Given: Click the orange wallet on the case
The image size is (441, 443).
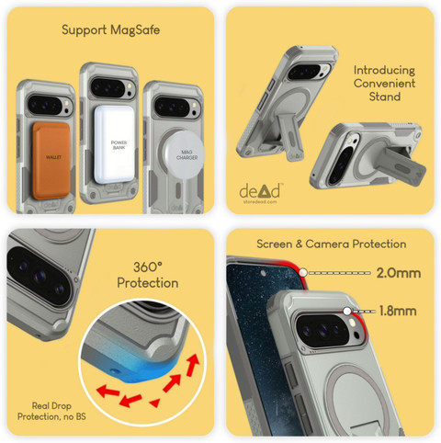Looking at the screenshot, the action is tap(51, 160).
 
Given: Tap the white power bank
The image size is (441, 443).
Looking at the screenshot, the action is tap(115, 144).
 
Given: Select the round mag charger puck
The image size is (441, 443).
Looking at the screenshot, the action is tap(185, 155).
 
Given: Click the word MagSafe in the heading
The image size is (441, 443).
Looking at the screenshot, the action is tap(135, 30).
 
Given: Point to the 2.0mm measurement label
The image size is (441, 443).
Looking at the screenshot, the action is tap(399, 273).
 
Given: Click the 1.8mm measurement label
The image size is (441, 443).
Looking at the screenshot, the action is tap(398, 311).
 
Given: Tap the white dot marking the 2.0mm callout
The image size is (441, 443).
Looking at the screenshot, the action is tap(303, 272).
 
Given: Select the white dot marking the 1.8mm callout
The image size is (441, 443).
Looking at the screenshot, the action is tap(347, 312).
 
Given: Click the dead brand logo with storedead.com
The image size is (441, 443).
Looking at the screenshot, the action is tap(260, 193).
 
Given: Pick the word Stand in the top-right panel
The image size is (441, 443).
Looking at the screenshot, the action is tap(385, 97).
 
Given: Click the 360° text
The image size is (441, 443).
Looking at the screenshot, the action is tap(148, 267).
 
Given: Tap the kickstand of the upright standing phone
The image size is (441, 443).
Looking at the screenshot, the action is tap(291, 139).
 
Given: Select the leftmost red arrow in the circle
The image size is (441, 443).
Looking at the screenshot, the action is tap(107, 392).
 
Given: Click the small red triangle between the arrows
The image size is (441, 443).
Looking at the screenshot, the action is tap(154, 403).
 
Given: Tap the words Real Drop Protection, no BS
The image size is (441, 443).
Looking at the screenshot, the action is tap(51, 411).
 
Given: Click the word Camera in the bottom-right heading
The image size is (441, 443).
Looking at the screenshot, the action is tap(327, 244).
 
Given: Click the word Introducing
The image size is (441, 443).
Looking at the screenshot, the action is tap(384, 71).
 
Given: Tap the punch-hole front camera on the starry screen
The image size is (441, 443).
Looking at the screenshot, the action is tap(263, 273).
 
